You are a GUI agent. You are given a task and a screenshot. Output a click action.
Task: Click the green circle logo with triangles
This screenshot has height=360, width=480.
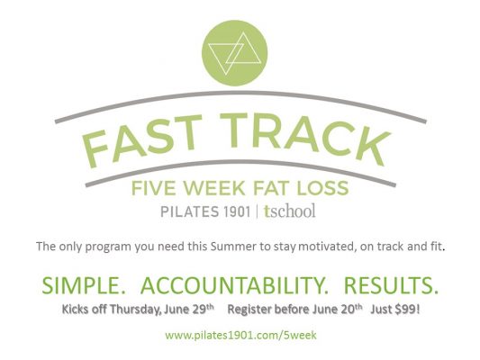(234, 53)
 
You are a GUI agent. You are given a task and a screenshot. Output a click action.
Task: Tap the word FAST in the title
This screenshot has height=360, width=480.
(142, 140)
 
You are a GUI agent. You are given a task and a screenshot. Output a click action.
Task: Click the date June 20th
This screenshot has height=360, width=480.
(338, 310)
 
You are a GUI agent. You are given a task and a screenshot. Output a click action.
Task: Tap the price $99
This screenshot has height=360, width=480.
(407, 310)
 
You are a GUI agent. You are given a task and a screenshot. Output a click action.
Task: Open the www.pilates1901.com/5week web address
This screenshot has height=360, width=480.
(241, 336)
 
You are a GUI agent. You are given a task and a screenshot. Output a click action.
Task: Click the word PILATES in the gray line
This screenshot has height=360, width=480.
(190, 211)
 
